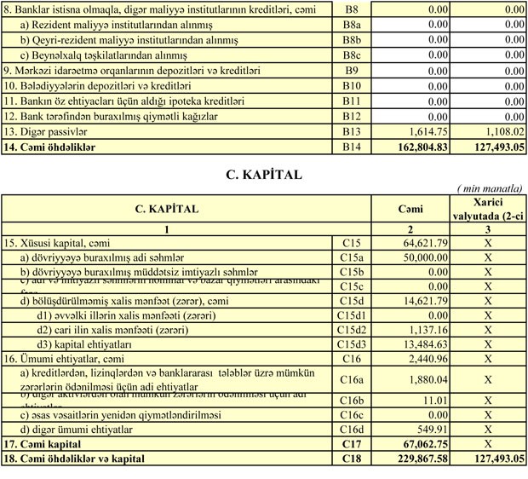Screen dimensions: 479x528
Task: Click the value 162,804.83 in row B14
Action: tap(417, 147)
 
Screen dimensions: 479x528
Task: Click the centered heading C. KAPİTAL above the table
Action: tap(263, 175)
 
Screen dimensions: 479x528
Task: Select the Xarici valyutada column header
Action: tap(488, 208)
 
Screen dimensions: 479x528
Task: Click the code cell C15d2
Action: tap(352, 330)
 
